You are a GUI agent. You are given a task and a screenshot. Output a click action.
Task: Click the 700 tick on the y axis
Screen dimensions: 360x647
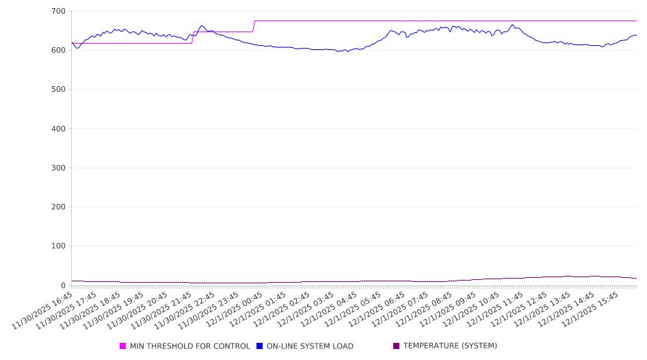tap(58, 12)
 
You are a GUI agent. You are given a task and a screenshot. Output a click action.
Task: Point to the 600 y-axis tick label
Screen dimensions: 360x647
tap(58, 51)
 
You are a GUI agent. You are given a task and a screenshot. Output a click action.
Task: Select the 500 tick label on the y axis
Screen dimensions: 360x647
tap(58, 90)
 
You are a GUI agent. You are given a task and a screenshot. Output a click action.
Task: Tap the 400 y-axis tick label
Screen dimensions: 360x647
tap(58, 129)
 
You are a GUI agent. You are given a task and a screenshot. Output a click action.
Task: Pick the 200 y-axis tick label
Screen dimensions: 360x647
tap(58, 207)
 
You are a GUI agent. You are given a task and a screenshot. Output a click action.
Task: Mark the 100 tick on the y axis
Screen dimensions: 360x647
tap(58, 246)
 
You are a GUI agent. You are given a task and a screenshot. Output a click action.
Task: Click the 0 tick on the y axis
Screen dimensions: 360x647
tap(62, 285)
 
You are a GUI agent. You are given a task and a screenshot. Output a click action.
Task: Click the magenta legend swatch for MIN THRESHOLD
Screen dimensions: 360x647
tap(123, 346)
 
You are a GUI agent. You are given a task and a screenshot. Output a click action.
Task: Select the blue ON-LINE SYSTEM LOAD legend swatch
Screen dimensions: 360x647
tap(260, 346)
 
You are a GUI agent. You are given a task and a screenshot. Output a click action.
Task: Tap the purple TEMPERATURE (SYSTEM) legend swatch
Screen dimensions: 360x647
tap(397, 346)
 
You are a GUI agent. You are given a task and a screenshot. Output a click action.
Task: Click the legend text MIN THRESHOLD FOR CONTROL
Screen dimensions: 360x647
tap(190, 346)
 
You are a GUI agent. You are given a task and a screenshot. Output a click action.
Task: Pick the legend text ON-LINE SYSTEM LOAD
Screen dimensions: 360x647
tap(310, 346)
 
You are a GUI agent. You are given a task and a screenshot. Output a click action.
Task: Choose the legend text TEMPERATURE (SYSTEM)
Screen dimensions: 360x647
tap(450, 346)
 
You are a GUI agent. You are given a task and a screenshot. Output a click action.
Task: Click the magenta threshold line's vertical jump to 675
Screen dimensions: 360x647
tap(254, 26)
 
